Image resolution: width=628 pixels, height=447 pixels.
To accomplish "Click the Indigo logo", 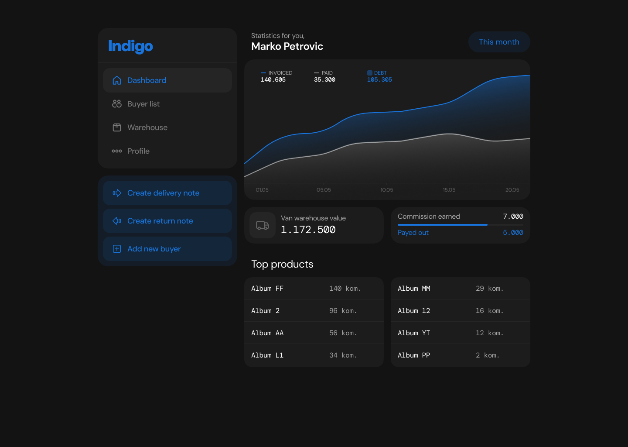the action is (130, 46).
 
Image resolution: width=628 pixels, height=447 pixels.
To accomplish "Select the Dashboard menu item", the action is (167, 80).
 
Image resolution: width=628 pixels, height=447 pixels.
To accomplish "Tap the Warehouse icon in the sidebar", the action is (116, 127).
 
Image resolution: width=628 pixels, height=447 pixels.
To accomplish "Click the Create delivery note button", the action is (167, 193).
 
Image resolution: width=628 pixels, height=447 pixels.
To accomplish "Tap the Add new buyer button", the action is (167, 249).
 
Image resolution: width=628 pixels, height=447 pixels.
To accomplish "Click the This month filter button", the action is (499, 42).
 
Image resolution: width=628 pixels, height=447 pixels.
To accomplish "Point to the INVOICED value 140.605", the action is (273, 80).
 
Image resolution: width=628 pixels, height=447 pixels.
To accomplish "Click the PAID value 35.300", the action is (324, 80).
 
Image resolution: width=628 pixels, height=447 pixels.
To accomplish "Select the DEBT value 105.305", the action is (379, 80).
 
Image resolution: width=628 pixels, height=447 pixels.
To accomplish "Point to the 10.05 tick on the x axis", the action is (386, 190).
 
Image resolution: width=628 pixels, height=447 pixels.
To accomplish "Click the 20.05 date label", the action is (512, 190).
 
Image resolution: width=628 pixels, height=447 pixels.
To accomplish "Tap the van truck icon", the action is (263, 225).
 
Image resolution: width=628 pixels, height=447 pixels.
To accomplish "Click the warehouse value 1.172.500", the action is (308, 230).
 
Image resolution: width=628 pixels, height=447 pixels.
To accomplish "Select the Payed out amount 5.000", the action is (513, 233).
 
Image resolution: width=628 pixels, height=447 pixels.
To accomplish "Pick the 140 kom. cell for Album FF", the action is (345, 289).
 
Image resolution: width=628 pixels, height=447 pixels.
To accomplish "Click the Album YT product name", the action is (413, 333).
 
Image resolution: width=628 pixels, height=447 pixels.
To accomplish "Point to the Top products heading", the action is (282, 265).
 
